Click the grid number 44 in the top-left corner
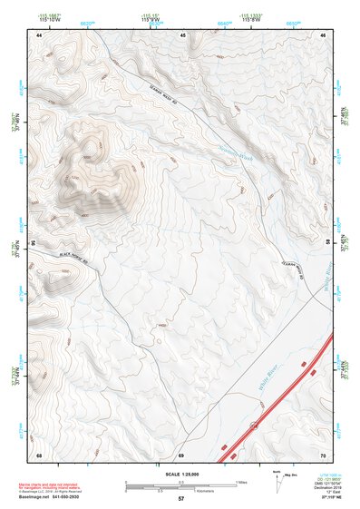click(x=39, y=34)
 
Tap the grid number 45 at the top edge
click(x=182, y=34)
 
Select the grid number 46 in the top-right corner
click(x=322, y=34)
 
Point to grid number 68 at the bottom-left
click(x=39, y=454)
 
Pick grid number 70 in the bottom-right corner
click(x=322, y=454)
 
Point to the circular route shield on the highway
click(x=255, y=425)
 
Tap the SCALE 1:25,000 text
click(x=180, y=474)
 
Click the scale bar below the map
click(x=180, y=484)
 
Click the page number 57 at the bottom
click(x=180, y=499)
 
